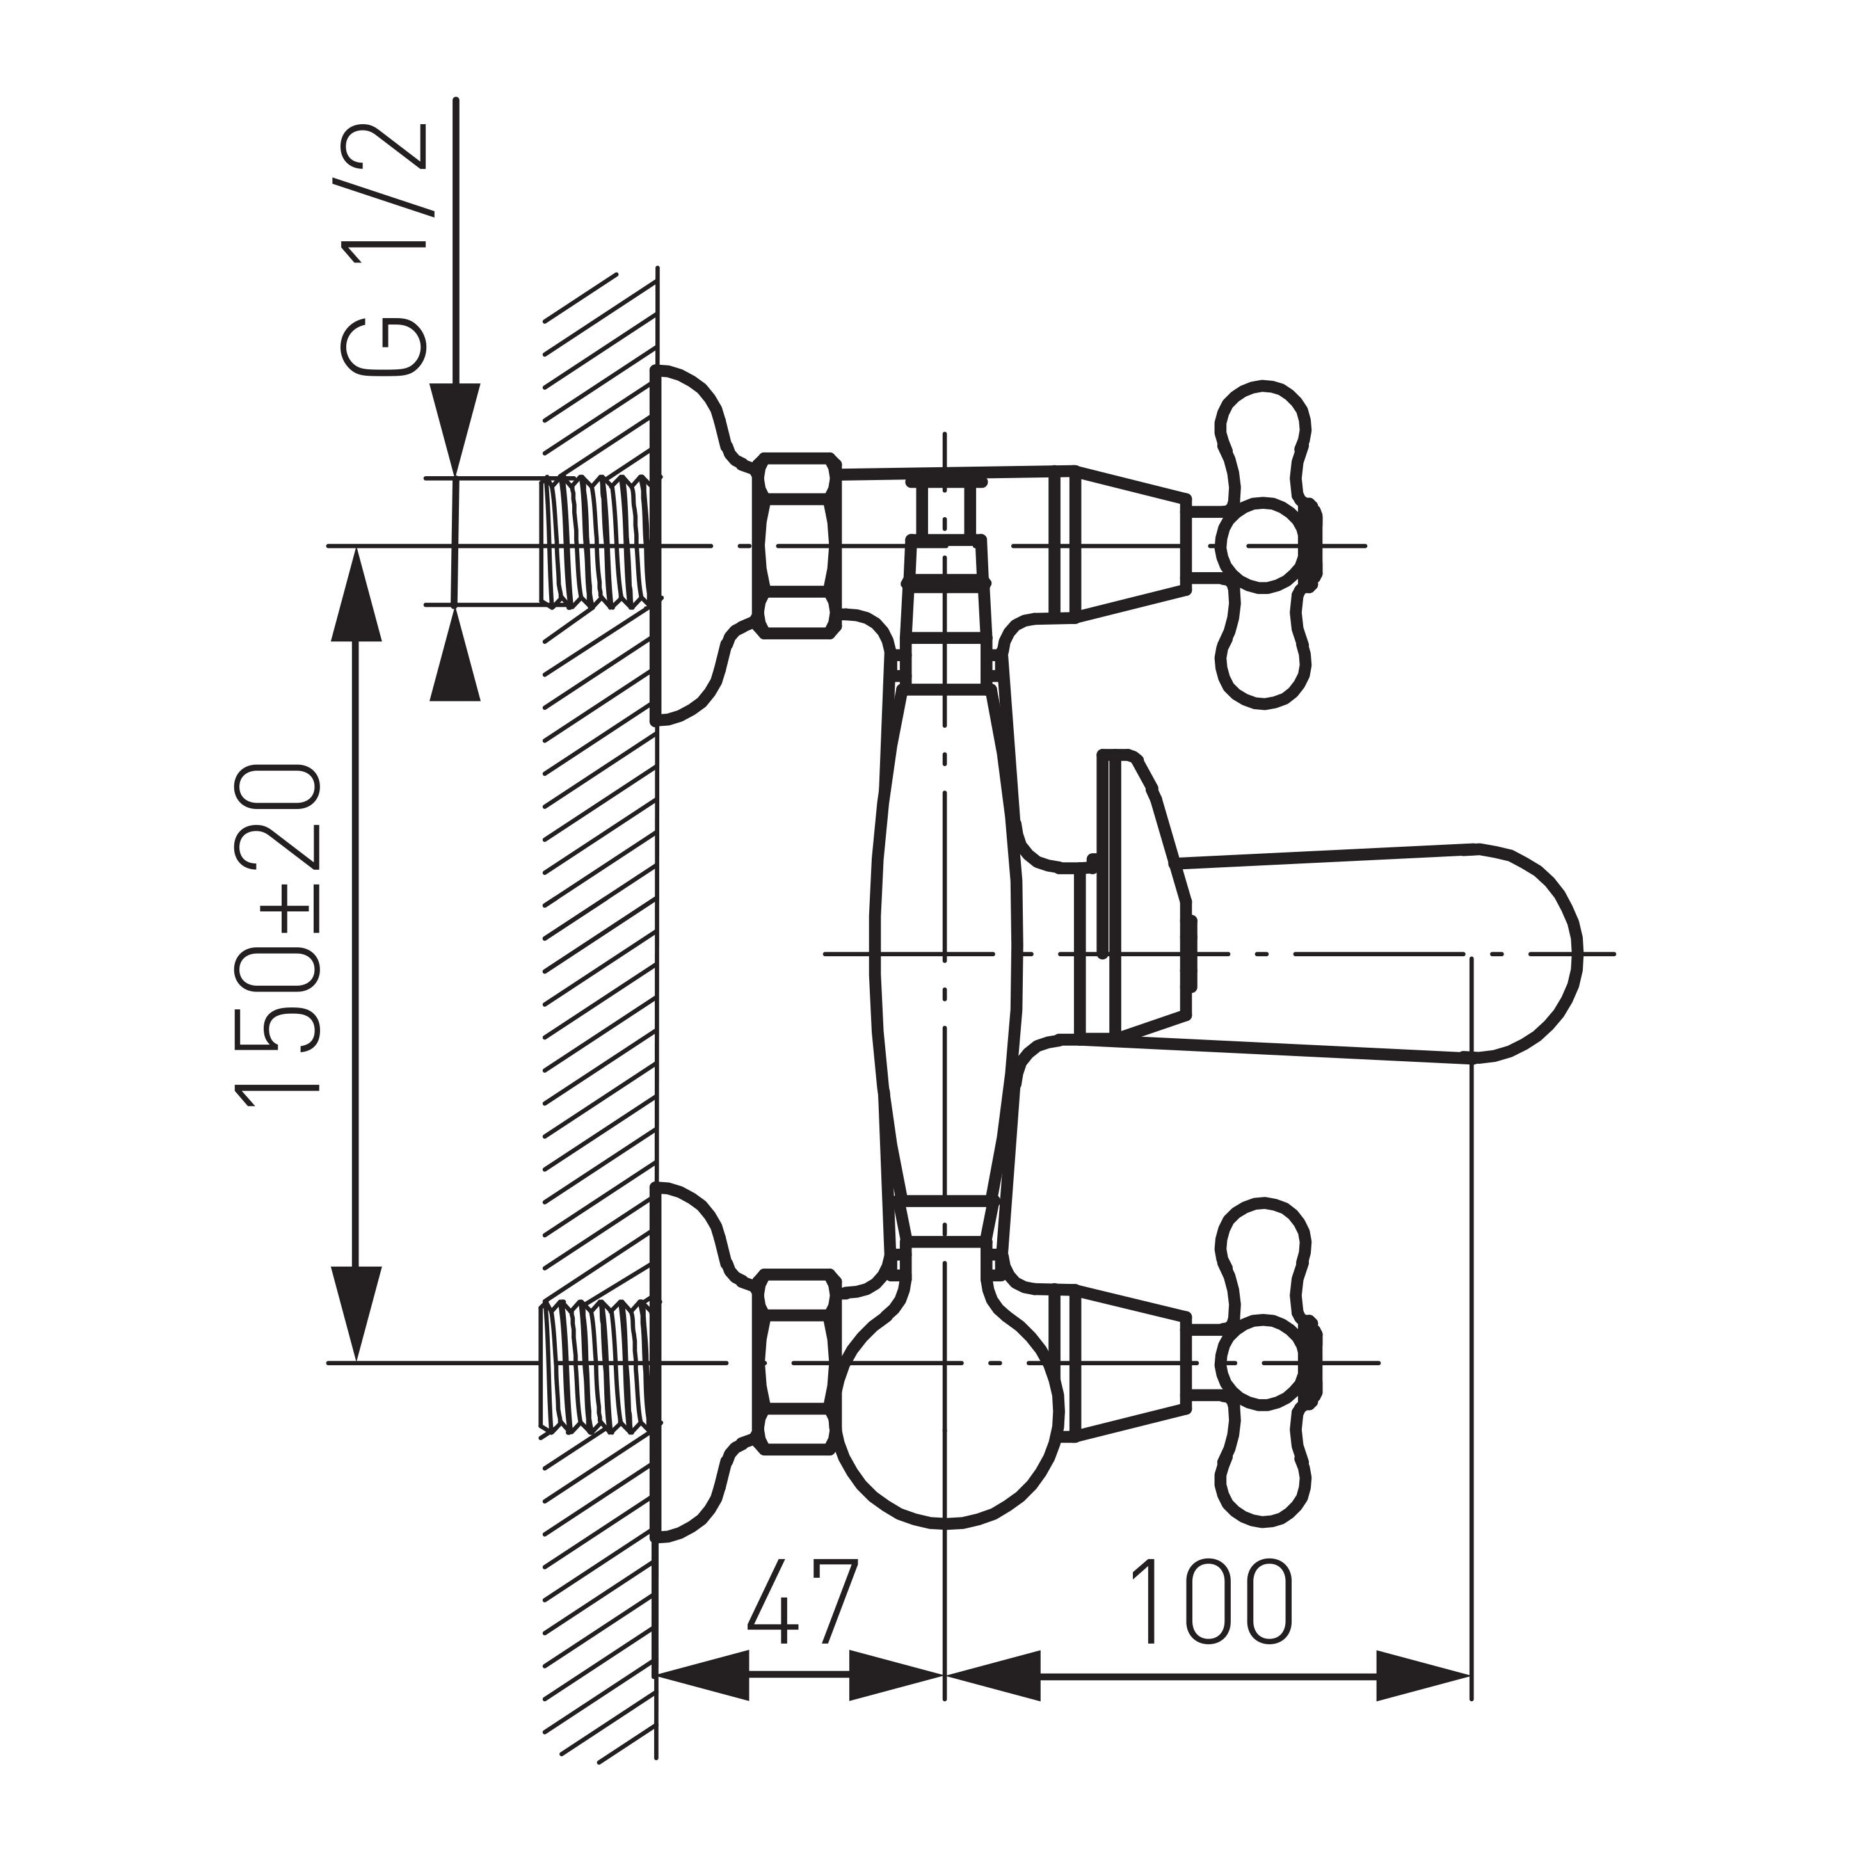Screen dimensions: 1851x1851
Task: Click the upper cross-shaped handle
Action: coord(1263,544)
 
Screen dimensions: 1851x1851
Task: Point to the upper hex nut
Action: coord(797,544)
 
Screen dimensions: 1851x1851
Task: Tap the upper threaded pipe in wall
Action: coord(599,542)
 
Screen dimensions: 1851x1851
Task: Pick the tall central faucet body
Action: coord(943,939)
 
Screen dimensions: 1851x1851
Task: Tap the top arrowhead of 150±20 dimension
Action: coord(357,594)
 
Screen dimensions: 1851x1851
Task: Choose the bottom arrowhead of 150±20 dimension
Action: coord(357,1313)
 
